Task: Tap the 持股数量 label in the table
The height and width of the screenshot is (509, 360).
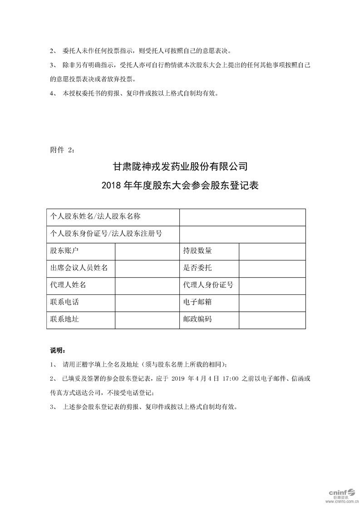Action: (x=197, y=250)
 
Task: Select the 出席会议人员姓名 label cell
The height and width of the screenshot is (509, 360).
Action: (x=79, y=268)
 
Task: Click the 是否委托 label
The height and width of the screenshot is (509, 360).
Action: (x=197, y=268)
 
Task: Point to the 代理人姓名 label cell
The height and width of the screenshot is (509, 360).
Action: (x=68, y=285)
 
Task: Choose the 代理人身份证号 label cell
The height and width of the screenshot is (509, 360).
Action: (x=208, y=285)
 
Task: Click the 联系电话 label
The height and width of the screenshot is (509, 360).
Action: (x=64, y=302)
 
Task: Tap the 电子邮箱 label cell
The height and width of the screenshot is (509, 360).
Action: (x=197, y=302)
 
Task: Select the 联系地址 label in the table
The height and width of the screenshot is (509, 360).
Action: (x=64, y=319)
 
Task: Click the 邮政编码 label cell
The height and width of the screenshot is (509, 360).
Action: (x=197, y=319)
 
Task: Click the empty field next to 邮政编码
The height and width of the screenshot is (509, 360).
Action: (x=272, y=319)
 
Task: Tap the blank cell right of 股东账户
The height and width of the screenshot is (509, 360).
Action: (x=147, y=250)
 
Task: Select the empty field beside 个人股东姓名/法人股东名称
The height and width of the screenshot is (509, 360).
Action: (x=242, y=217)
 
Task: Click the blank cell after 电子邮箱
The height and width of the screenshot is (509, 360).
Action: (x=272, y=302)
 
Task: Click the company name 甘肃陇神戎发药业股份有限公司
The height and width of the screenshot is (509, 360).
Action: (x=180, y=167)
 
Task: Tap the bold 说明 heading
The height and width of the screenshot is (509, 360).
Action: (x=58, y=351)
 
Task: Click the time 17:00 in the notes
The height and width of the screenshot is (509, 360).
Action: (x=230, y=377)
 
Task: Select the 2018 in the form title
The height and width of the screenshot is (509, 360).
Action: (x=110, y=186)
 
